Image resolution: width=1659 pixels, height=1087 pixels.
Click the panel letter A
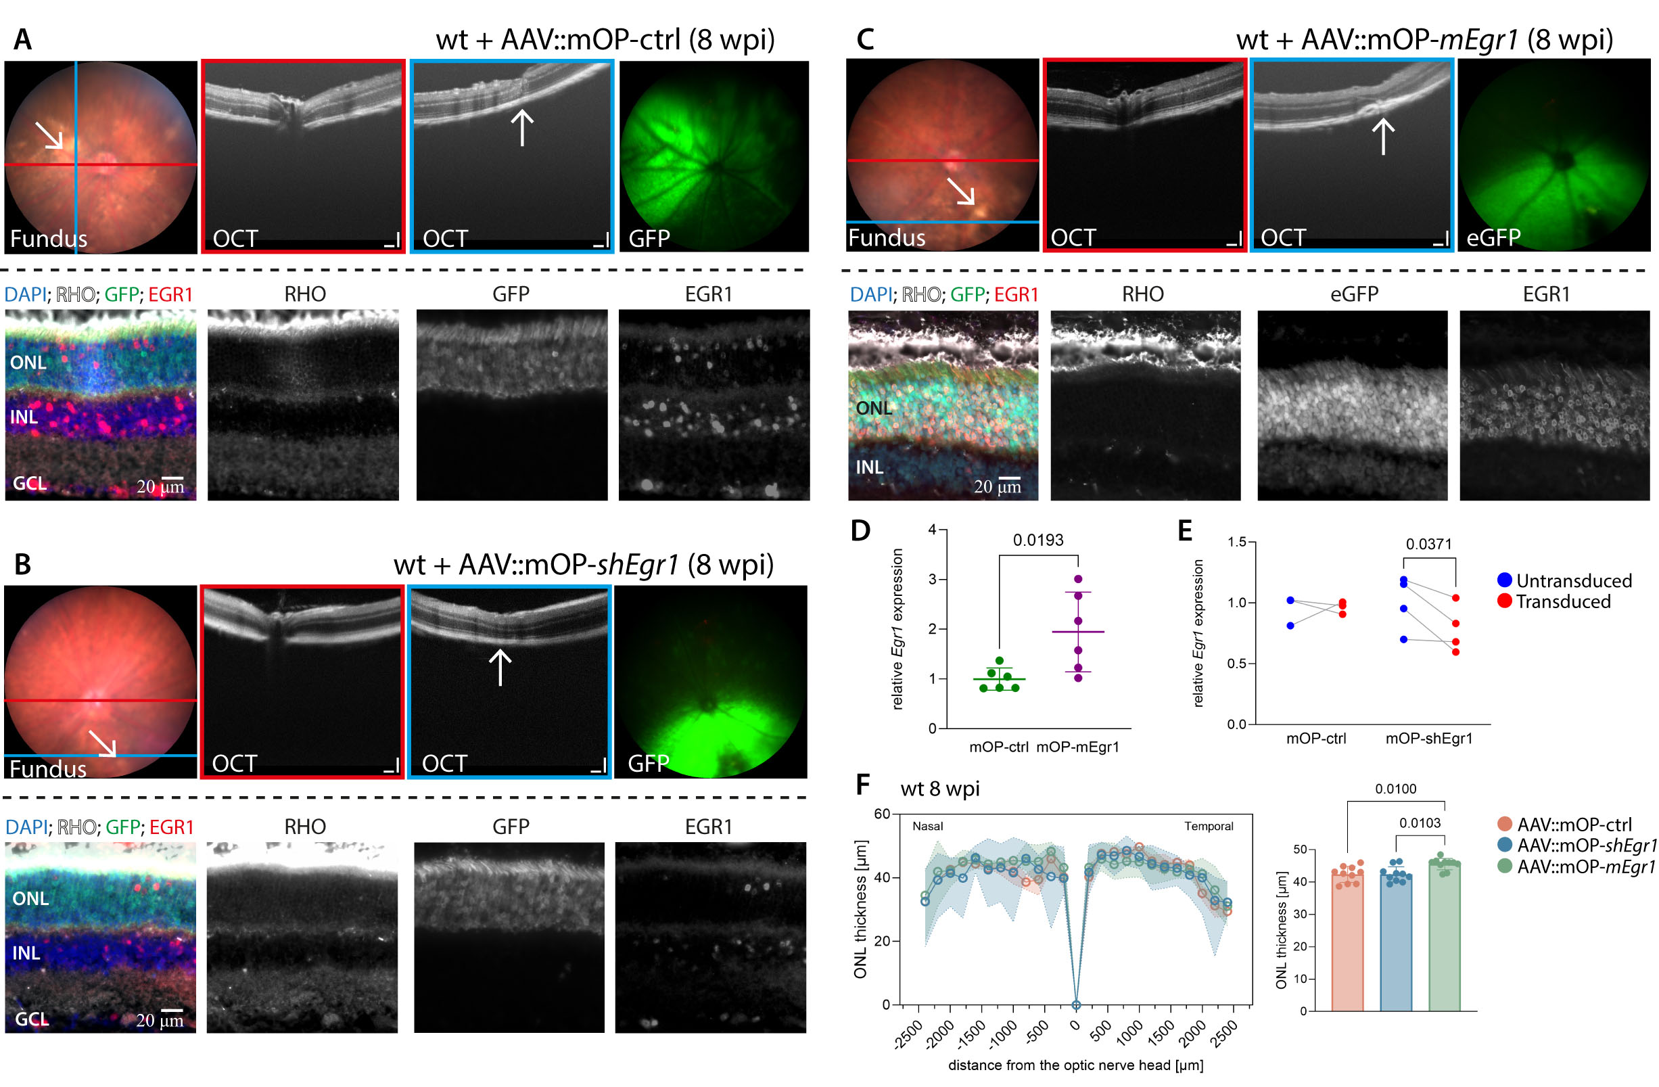[23, 39]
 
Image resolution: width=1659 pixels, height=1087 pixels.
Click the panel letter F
[863, 785]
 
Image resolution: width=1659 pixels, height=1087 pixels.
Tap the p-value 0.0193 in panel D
[1038, 540]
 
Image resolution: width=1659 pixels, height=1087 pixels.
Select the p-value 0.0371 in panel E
[1428, 544]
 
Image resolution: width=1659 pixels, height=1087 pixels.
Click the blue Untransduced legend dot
[1504, 580]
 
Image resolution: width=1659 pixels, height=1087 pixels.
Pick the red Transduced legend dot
[1504, 601]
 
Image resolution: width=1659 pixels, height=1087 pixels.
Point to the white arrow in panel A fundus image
[49, 135]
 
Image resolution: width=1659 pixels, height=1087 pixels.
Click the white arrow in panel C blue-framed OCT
[1383, 136]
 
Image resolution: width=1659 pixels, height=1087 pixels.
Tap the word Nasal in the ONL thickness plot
[927, 826]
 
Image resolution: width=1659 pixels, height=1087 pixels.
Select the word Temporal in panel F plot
[1208, 826]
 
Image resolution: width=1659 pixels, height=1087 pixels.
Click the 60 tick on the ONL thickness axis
[882, 814]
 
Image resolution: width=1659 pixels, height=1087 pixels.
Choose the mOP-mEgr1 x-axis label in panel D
[1077, 747]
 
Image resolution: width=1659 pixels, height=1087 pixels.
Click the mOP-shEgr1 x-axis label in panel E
[1429, 739]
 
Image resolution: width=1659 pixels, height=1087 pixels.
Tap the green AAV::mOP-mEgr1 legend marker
[1505, 866]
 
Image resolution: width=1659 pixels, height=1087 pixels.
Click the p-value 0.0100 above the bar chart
[1395, 789]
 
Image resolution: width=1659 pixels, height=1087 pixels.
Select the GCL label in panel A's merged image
[30, 483]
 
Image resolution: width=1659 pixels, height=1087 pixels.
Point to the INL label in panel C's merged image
[869, 467]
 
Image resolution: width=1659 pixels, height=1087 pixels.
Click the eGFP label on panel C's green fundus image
[1493, 237]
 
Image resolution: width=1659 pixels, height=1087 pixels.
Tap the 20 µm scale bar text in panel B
[160, 1020]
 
